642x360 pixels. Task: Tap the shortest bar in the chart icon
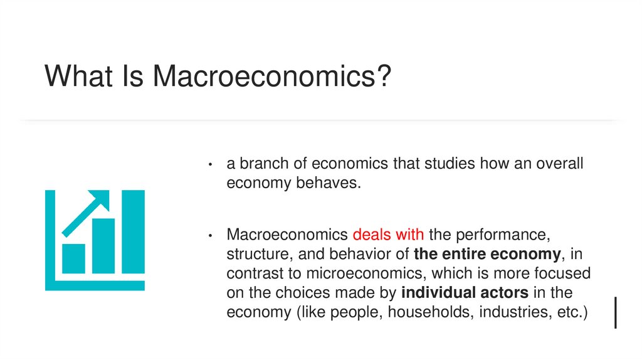73,258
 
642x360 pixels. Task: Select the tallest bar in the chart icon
133,232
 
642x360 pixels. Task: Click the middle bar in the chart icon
103,246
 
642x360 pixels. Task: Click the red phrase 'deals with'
389,235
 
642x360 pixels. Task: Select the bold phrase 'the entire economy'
486,254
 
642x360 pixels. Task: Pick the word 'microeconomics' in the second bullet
363,273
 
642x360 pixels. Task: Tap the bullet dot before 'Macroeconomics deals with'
212,236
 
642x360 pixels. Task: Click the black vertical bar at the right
616,312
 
